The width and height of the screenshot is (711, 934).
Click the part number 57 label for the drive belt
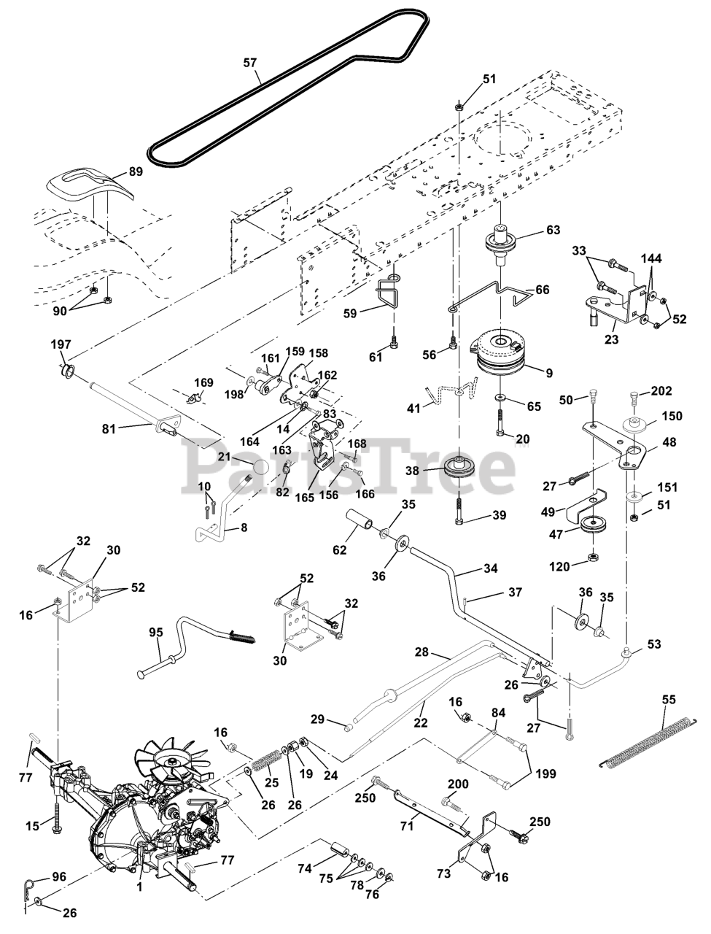pyautogui.click(x=250, y=63)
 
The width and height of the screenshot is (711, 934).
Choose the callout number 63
pyautogui.click(x=553, y=230)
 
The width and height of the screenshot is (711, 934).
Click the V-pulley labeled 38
pyautogui.click(x=460, y=467)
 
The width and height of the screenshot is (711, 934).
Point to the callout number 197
pyautogui.click(x=61, y=344)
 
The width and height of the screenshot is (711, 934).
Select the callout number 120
pyautogui.click(x=559, y=566)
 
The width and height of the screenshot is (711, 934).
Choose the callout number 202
pyautogui.click(x=661, y=390)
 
